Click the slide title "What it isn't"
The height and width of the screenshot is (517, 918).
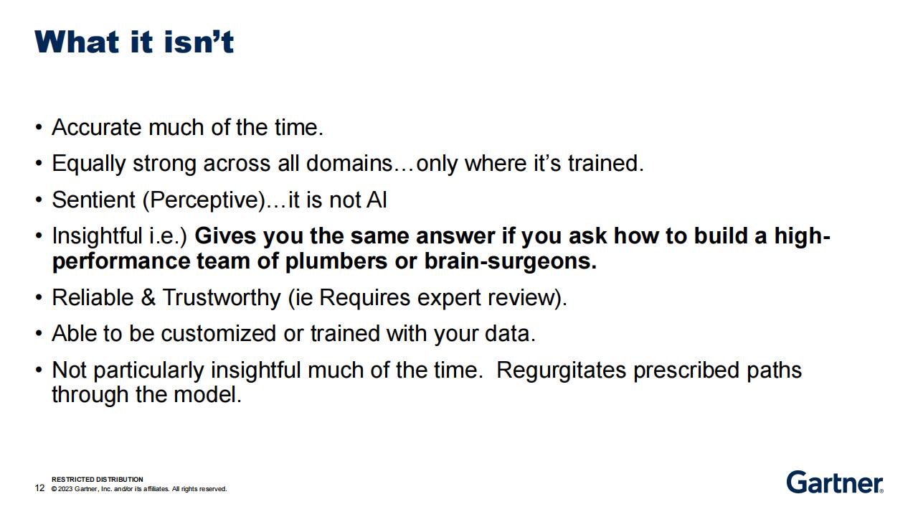(x=134, y=42)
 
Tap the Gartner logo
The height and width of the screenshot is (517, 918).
(x=835, y=483)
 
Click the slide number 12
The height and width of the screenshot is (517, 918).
(x=39, y=488)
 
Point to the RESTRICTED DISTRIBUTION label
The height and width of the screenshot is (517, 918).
(x=98, y=479)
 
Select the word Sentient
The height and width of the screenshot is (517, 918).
(x=93, y=200)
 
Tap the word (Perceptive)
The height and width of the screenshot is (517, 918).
(x=204, y=200)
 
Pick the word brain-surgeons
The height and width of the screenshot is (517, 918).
(x=511, y=262)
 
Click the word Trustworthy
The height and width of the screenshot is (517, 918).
(x=222, y=297)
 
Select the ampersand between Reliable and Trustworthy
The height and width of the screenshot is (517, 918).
(x=148, y=297)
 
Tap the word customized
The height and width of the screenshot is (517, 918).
(x=219, y=333)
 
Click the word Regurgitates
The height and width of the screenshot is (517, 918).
(x=561, y=371)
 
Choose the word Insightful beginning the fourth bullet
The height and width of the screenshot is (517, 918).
(x=97, y=236)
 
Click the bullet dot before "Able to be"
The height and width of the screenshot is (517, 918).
(x=39, y=333)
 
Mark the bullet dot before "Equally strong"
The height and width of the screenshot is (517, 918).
(x=39, y=163)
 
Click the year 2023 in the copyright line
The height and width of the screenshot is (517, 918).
(x=65, y=489)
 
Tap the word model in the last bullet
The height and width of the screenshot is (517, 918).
(x=207, y=395)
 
